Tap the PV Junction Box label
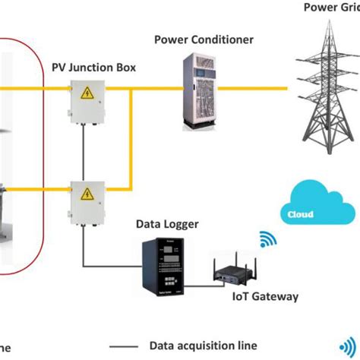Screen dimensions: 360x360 (x=93, y=68)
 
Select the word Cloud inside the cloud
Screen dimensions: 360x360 (x=301, y=214)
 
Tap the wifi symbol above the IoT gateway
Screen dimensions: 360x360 (x=268, y=240)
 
